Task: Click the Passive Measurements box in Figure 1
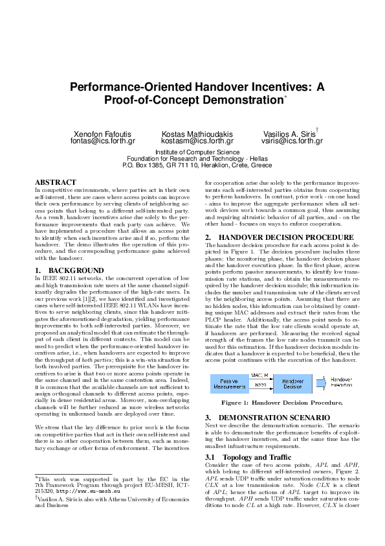point(228,384)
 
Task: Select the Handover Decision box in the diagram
point(292,384)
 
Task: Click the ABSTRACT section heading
point(56,182)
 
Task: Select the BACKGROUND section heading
point(63,269)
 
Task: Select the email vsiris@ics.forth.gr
point(292,141)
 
